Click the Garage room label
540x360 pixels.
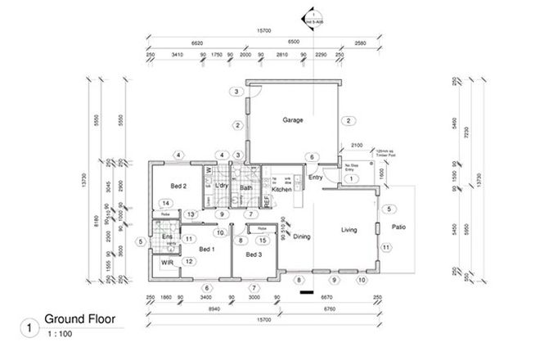[293, 120]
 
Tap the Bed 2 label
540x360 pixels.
[179, 187]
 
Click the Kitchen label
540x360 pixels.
[281, 190]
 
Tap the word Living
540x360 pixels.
[350, 230]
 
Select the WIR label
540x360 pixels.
[166, 263]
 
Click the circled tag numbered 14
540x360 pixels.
[165, 203]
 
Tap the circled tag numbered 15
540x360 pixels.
[261, 240]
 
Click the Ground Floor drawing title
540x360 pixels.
[79, 318]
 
